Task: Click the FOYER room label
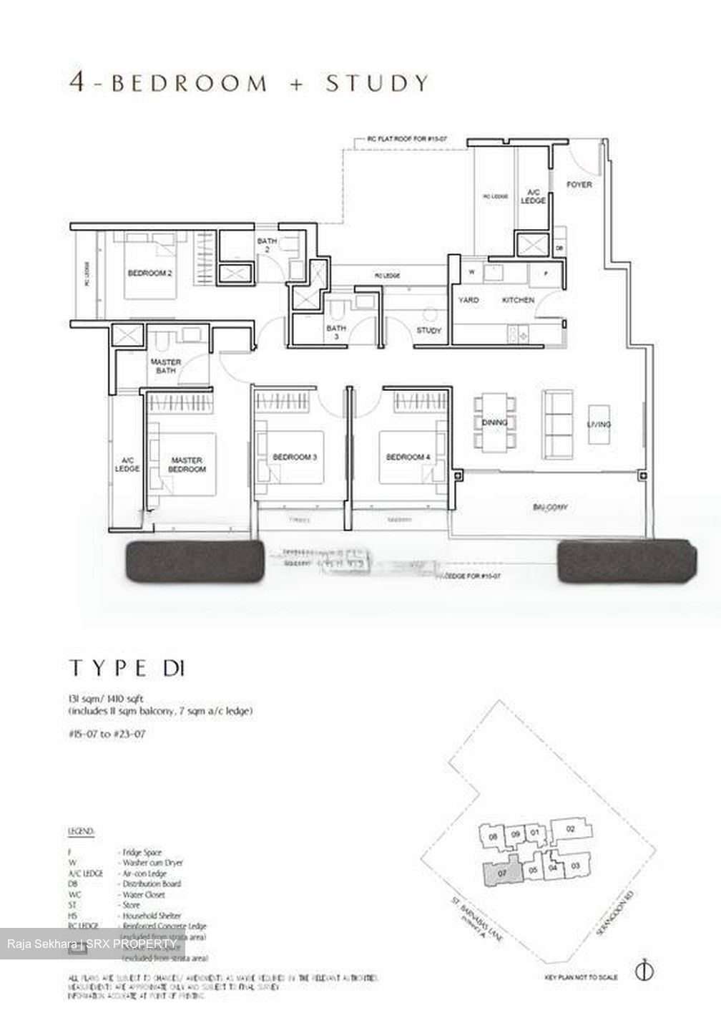579,185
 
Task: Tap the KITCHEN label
518,300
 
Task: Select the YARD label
469,300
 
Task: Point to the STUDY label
428,331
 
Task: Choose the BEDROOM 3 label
295,458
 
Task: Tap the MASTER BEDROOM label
187,465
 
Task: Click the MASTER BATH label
165,366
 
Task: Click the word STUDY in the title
377,83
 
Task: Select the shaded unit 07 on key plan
501,874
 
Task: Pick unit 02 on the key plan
570,829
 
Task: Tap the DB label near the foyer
559,248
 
